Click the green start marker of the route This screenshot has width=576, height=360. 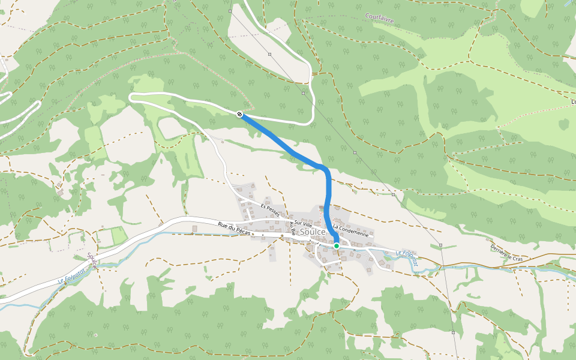point(337,246)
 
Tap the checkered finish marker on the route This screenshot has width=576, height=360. point(240,114)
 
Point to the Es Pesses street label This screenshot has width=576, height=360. point(270,210)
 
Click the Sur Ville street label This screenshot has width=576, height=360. point(303,223)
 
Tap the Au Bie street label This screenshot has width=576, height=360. point(293,227)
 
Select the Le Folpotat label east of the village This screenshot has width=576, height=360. point(406,255)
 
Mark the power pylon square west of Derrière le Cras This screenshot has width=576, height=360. point(440,245)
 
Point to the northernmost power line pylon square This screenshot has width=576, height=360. point(230,11)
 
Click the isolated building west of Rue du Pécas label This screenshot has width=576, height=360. point(194,228)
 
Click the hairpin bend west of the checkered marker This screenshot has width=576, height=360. point(132,97)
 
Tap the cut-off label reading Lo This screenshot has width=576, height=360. point(571,102)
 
